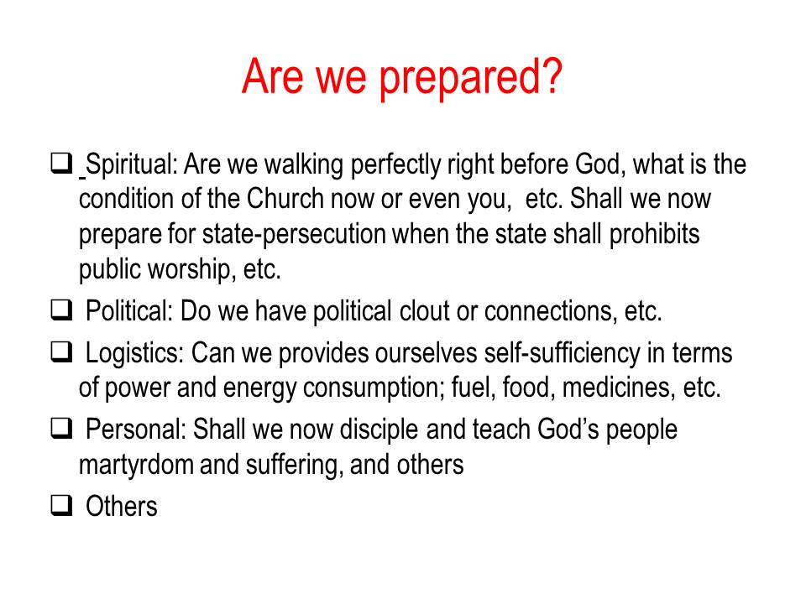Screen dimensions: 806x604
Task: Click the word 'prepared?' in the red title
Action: coord(470,77)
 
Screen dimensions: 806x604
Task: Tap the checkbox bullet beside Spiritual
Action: coord(61,164)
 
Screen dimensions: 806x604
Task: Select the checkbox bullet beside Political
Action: coord(61,310)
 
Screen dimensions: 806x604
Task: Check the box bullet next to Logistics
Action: coord(61,352)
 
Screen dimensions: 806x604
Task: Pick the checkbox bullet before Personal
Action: coord(61,428)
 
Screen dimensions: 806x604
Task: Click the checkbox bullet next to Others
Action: coord(61,505)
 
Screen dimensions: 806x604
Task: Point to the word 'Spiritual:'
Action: coord(132,165)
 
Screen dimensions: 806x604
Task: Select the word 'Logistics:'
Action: coord(134,354)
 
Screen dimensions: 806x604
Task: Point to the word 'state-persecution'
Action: coord(294,234)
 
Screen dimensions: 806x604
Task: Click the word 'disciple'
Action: coord(379,430)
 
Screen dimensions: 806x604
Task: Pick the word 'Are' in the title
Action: coord(272,77)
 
